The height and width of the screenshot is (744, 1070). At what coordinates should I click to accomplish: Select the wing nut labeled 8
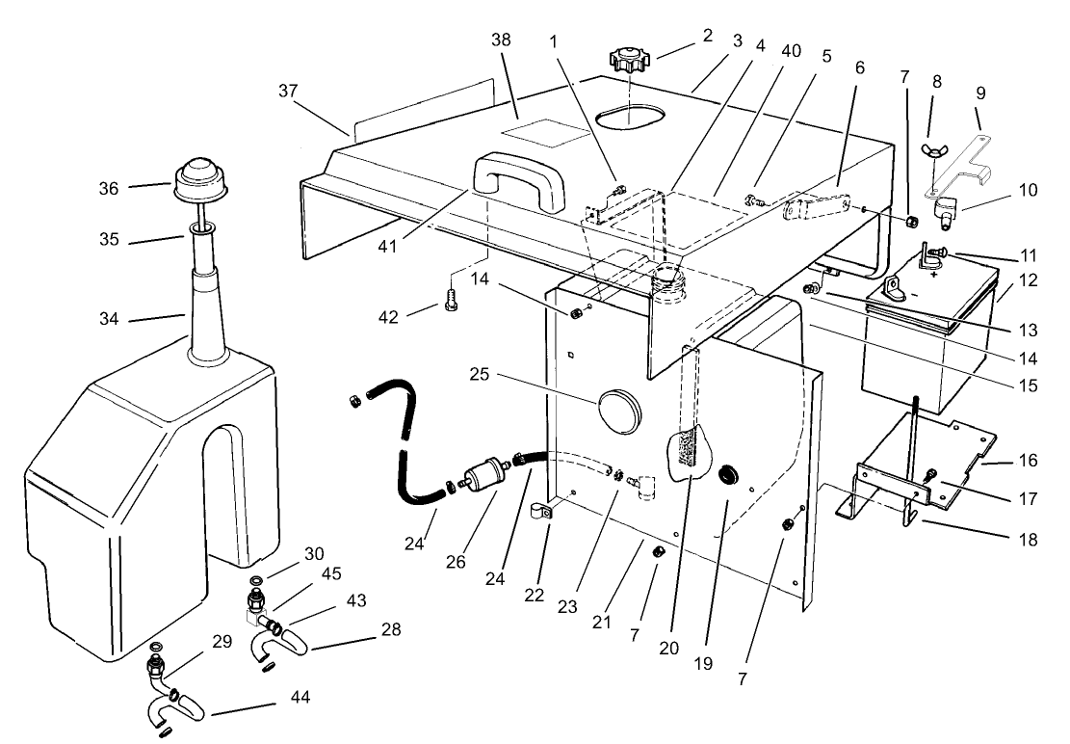pos(932,151)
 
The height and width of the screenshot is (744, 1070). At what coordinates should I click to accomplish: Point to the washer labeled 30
pos(255,580)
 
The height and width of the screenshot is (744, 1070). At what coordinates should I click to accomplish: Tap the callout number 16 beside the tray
pos(1028,461)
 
